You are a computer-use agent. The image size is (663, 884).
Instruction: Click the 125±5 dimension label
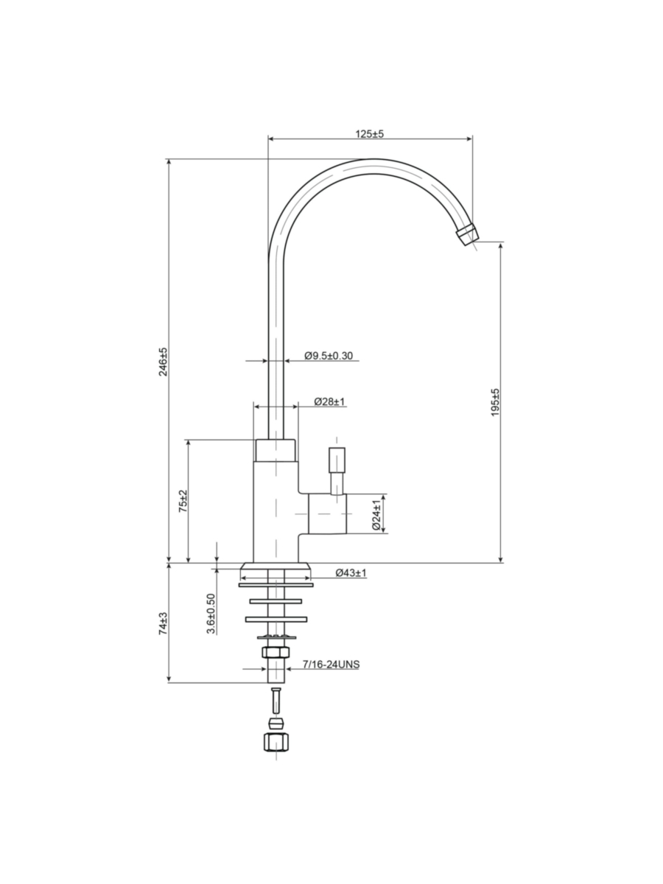point(369,134)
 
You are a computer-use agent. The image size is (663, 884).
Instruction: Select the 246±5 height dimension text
point(163,362)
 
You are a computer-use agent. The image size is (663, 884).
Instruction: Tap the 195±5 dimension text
point(495,402)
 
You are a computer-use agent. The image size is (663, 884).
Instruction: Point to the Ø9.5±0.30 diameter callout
point(329,356)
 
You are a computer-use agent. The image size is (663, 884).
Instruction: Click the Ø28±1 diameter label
point(330,401)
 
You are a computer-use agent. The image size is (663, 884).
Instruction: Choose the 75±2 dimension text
point(183,501)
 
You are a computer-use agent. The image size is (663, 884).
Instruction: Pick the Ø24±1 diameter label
point(376,515)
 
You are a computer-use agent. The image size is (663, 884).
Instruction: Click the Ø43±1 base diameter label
point(351,572)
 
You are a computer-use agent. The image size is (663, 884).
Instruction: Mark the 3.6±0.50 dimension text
point(211,614)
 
